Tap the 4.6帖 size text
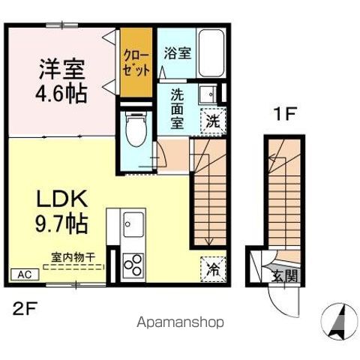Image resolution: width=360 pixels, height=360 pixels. pos(62,94)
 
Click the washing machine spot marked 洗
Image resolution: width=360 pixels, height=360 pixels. pos(212,120)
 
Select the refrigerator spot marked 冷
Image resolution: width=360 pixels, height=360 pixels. pos(212,266)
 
